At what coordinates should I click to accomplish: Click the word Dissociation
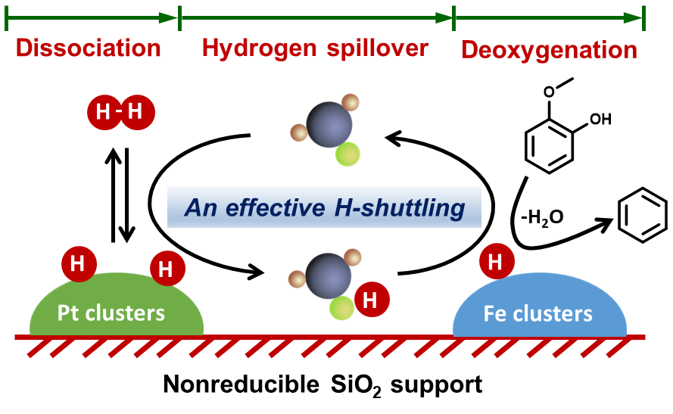click(x=88, y=49)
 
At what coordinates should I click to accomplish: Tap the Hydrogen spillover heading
click(x=315, y=48)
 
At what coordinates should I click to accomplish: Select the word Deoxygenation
click(x=549, y=50)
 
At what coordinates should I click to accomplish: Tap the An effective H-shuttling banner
click(x=324, y=207)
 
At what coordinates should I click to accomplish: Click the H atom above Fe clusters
click(x=497, y=262)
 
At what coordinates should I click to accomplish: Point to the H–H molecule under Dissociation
click(x=120, y=113)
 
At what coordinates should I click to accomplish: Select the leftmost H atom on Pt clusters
click(x=78, y=263)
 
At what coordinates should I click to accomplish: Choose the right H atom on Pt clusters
click(x=167, y=269)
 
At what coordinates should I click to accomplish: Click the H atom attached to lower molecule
click(x=371, y=300)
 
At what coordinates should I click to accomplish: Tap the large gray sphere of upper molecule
click(x=329, y=125)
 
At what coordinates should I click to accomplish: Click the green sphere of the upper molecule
click(x=347, y=154)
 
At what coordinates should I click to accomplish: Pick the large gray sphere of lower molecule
click(x=329, y=275)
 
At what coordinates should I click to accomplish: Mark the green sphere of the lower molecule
click(x=341, y=308)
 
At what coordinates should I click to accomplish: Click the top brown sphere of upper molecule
click(x=350, y=102)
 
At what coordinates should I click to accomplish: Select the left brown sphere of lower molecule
click(x=297, y=279)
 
